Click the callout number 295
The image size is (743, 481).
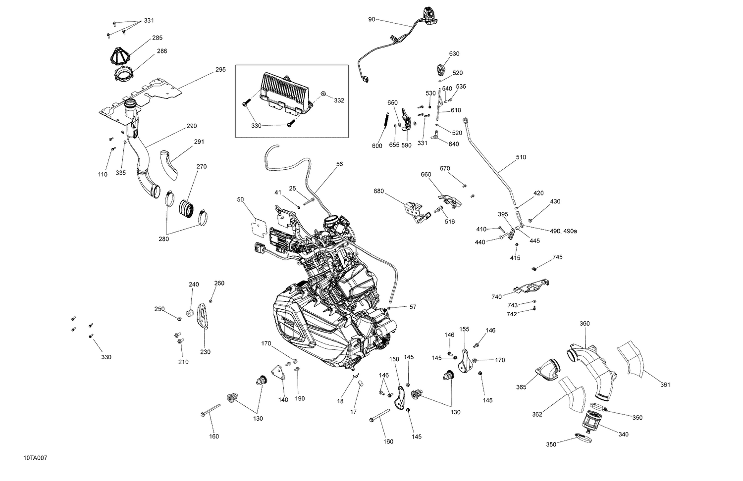click(220, 70)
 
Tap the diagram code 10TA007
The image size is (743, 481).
click(34, 458)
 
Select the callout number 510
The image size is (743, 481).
click(521, 157)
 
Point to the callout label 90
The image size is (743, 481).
click(371, 19)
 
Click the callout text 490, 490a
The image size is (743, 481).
click(563, 231)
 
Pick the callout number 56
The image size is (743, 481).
click(339, 164)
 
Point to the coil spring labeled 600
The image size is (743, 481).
click(386, 124)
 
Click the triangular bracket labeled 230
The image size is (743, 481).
click(202, 322)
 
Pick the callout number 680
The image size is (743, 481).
click(378, 191)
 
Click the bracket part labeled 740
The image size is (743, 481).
click(530, 287)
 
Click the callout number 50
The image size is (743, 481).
click(241, 199)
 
